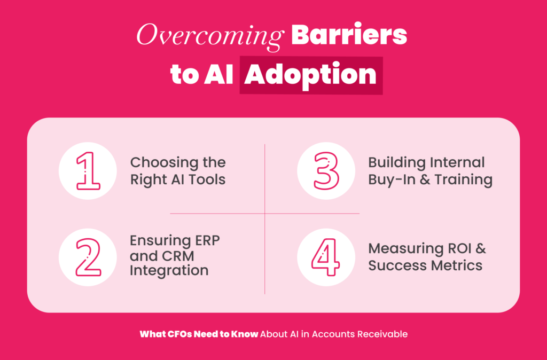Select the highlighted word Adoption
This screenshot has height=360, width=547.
[310, 75]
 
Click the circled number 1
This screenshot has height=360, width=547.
[88, 170]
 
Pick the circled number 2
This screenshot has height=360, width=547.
[88, 257]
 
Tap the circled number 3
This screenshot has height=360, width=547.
[326, 170]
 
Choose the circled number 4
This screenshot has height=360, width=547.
[326, 257]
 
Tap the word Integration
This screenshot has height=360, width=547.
[169, 271]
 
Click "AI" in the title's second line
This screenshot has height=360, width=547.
[218, 75]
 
